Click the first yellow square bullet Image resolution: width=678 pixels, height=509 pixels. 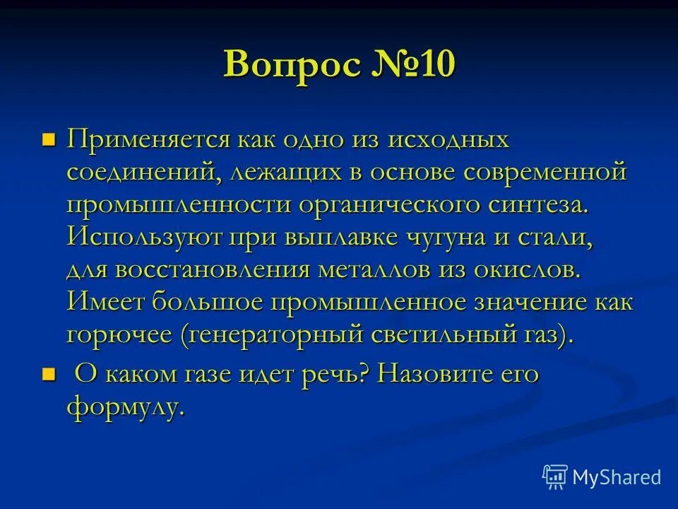pos(49,137)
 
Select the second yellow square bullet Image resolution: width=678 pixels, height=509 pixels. pos(49,373)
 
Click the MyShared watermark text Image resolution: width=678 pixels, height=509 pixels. pos(617,477)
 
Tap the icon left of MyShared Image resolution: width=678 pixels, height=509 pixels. pos(554,476)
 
